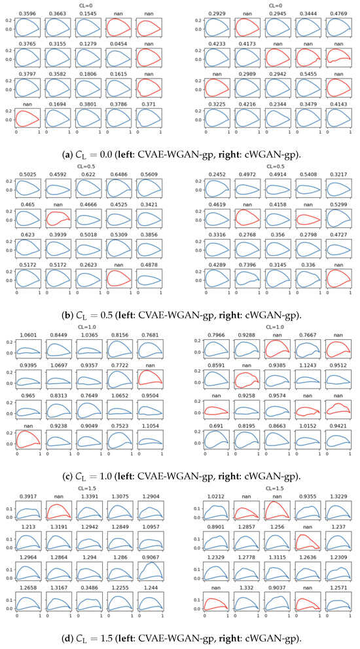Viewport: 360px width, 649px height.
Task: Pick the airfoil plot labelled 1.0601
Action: pos(28,353)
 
